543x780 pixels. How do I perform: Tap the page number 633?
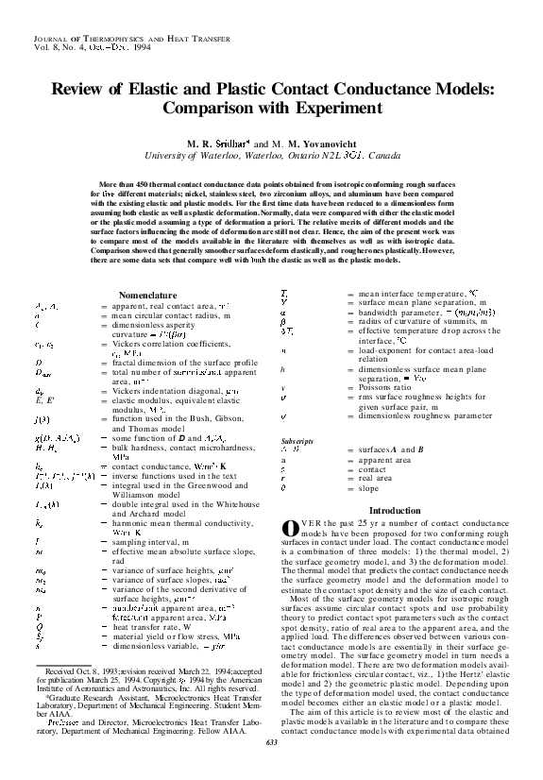pos(272,771)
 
